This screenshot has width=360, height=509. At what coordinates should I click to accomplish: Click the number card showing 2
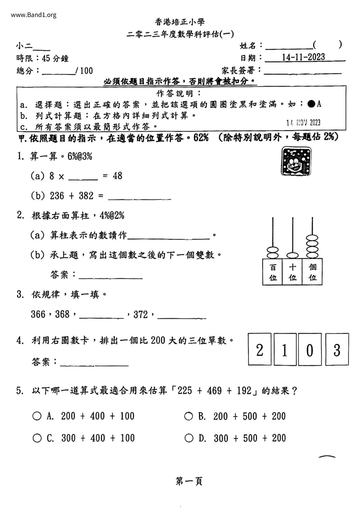[260, 349]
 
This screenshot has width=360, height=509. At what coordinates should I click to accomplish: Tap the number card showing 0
[309, 349]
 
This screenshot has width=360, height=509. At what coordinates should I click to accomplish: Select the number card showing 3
[337, 349]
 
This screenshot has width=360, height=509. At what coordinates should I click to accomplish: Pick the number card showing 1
[285, 349]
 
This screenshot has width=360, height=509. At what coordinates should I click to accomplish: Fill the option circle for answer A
[37, 416]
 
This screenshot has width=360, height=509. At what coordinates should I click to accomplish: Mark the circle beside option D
[189, 438]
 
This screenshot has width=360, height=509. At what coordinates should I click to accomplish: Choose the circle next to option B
[188, 416]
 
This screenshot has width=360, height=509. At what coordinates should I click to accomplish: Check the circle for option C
[37, 438]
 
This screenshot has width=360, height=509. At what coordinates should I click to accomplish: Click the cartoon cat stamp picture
[296, 161]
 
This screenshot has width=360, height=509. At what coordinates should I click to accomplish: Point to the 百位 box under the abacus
[272, 272]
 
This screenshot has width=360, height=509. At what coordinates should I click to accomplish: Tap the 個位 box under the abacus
[312, 272]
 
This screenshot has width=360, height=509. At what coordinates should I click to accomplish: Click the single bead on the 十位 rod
[292, 255]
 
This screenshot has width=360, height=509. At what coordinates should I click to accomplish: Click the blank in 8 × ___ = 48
[83, 176]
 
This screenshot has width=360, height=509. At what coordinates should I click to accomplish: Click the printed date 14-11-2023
[303, 57]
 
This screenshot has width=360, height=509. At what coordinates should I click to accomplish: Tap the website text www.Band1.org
[34, 15]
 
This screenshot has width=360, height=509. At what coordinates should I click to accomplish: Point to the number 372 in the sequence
[141, 315]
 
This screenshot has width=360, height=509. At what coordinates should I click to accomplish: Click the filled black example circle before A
[311, 104]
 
